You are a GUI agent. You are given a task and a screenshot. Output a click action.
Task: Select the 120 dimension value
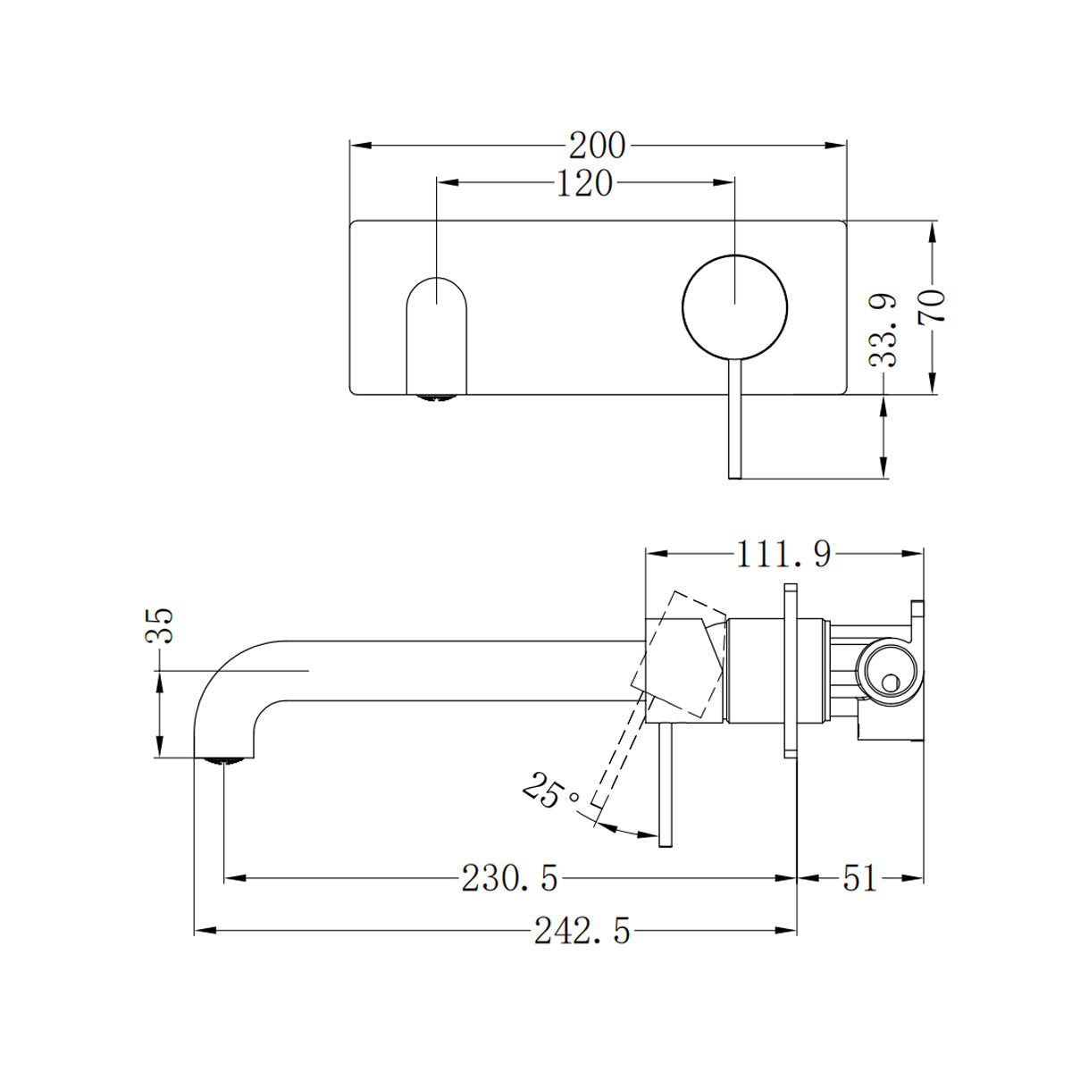click(585, 183)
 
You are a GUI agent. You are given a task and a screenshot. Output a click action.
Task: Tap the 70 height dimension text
click(932, 306)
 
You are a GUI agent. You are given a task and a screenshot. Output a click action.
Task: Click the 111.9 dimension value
click(783, 555)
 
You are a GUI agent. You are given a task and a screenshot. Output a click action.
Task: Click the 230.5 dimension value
click(509, 879)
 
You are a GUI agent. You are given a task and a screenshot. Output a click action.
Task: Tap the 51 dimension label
click(859, 879)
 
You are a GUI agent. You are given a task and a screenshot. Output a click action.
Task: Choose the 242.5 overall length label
click(582, 932)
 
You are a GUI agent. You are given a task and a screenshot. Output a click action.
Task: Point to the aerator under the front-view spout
click(436, 398)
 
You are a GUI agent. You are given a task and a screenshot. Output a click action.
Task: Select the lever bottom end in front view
click(734, 473)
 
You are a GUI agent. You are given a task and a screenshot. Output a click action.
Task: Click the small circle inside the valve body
click(888, 683)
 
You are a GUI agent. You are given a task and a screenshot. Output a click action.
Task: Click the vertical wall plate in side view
click(790, 670)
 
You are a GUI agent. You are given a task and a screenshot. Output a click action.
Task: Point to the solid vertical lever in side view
click(664, 786)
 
